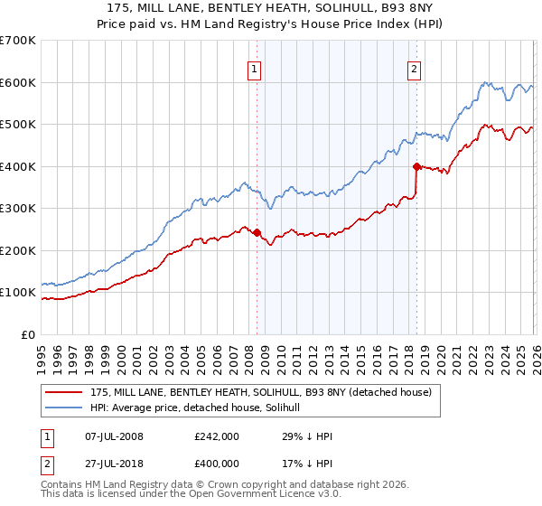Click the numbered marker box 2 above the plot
(414, 69)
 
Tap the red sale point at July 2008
(257, 233)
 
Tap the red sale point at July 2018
(416, 166)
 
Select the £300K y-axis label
(18, 209)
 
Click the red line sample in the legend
(65, 392)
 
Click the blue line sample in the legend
(65, 408)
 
